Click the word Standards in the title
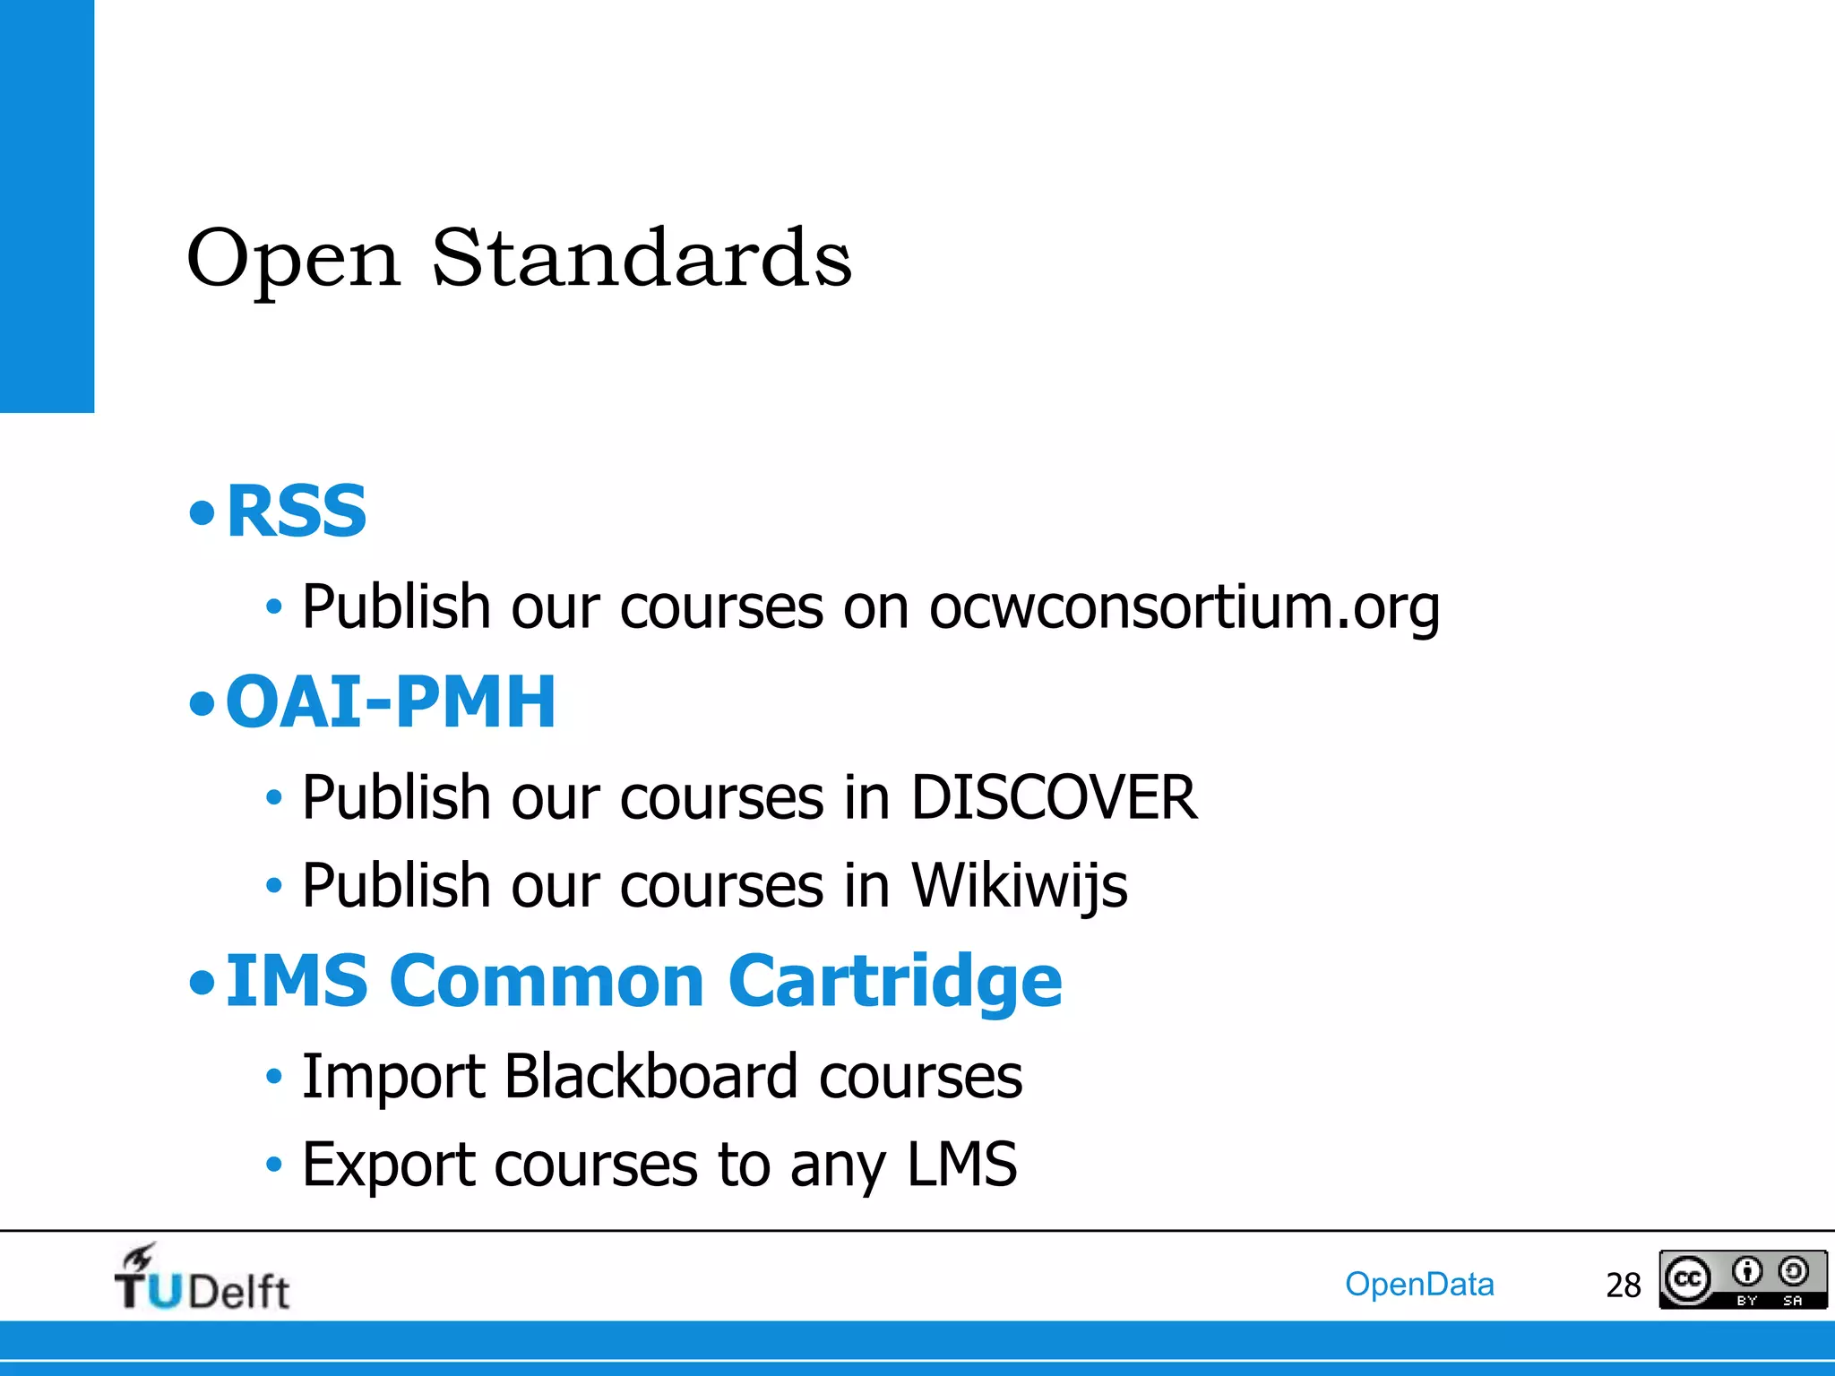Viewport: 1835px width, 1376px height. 642,258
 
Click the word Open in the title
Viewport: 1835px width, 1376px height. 293,260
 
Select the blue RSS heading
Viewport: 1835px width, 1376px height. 297,512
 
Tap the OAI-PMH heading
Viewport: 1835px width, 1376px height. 391,701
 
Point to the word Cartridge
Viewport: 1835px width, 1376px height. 895,982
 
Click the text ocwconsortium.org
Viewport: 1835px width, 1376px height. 1184,608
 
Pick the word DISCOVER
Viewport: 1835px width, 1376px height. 1054,796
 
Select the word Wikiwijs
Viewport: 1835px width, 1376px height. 1019,886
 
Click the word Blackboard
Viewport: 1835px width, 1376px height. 650,1076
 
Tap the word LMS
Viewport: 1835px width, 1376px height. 961,1165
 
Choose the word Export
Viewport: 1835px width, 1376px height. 388,1165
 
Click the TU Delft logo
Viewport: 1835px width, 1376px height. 202,1279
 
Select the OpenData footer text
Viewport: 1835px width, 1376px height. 1419,1285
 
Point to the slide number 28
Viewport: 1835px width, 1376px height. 1623,1286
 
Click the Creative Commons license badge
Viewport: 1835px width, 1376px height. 1742,1279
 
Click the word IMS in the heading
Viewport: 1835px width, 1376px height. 297,982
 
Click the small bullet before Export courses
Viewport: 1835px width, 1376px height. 274,1165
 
